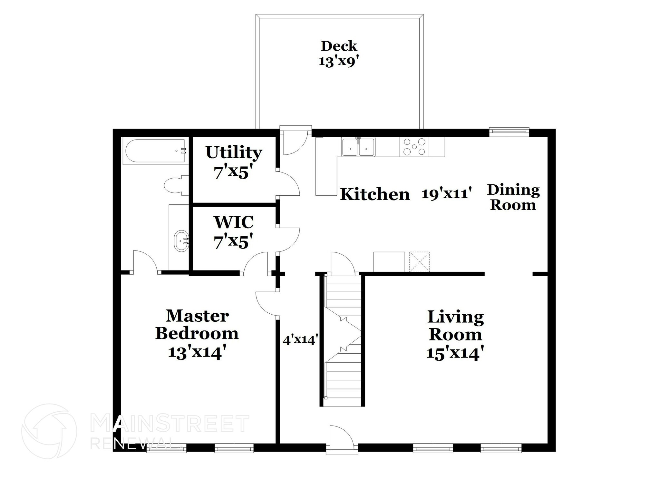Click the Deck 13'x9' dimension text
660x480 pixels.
(x=339, y=61)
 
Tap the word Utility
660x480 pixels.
(x=234, y=152)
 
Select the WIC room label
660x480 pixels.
(x=233, y=222)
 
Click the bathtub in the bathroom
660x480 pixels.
(x=155, y=151)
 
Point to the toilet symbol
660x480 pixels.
(x=176, y=185)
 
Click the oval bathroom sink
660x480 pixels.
(x=181, y=241)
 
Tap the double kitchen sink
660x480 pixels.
(x=358, y=147)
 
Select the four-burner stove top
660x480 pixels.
(x=414, y=147)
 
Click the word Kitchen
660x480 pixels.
(x=375, y=194)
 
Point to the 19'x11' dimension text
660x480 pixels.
(x=447, y=193)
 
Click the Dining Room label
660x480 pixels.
(x=513, y=197)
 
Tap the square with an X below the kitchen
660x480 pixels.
(x=419, y=262)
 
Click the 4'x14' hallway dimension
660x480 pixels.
(x=300, y=340)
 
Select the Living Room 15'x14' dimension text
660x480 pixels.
(x=455, y=353)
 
